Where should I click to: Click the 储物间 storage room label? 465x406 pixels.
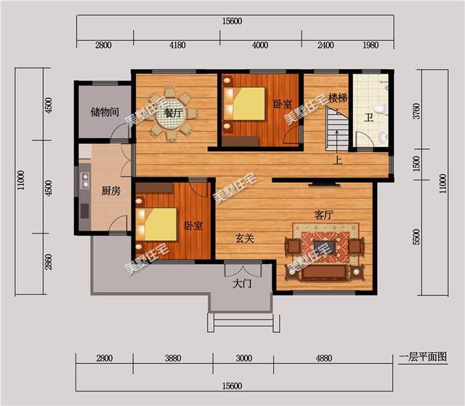pyautogui.click(x=105, y=112)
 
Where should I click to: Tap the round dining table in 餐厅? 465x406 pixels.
pyautogui.click(x=171, y=114)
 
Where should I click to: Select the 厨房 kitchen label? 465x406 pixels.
pyautogui.click(x=111, y=191)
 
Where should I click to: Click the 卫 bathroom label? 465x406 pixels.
pyautogui.click(x=368, y=118)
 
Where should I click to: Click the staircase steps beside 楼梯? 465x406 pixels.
pyautogui.click(x=337, y=129)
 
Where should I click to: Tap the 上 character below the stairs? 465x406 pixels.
pyautogui.click(x=337, y=160)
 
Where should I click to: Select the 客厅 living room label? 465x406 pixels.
pyautogui.click(x=324, y=215)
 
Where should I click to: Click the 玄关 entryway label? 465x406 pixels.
pyautogui.click(x=245, y=238)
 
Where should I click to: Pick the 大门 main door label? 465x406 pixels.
pyautogui.click(x=242, y=284)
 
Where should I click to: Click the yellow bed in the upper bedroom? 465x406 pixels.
pyautogui.click(x=248, y=103)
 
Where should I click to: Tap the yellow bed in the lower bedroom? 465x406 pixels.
pyautogui.click(x=161, y=224)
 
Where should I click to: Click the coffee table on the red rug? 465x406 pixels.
pyautogui.click(x=325, y=247)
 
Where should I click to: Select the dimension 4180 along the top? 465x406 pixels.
pyautogui.click(x=177, y=45)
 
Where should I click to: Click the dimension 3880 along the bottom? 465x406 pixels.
pyautogui.click(x=173, y=358)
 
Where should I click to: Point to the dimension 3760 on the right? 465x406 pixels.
pyautogui.click(x=416, y=111)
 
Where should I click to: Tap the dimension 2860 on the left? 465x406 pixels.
pyautogui.click(x=49, y=262)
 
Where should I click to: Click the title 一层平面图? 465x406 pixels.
pyautogui.click(x=423, y=357)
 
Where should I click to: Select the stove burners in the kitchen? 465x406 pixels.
pyautogui.click(x=86, y=180)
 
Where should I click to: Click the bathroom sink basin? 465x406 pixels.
pyautogui.click(x=382, y=137)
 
